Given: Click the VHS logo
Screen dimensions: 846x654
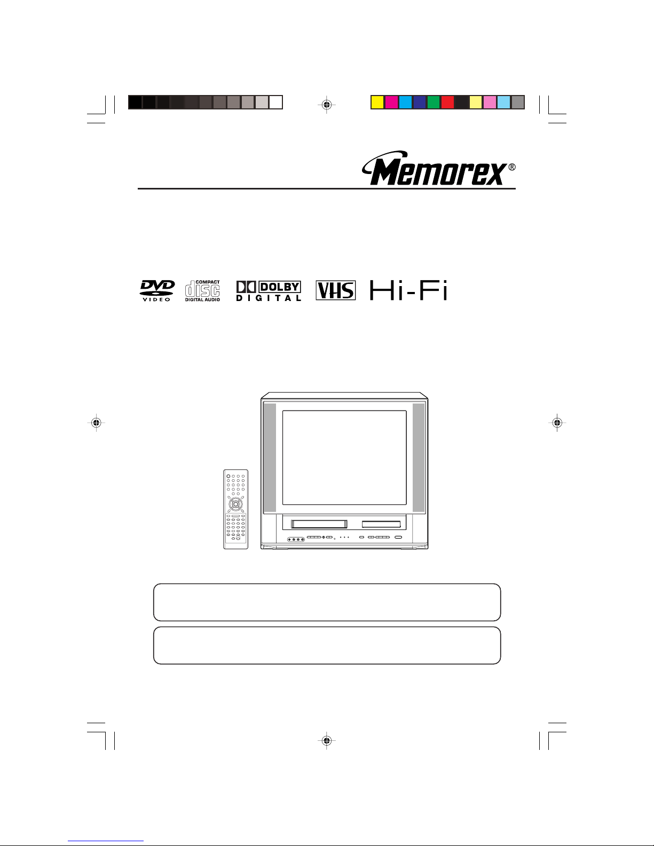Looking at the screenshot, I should pos(335,290).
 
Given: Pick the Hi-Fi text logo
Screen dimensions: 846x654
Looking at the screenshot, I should pos(408,290).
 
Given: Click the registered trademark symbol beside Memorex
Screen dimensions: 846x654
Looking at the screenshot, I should pos(512,167).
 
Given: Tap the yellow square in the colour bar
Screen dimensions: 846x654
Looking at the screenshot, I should pos(377,102).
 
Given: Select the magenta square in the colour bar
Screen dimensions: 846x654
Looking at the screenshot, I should pos(391,102).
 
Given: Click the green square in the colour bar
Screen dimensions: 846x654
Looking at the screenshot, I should pos(433,102).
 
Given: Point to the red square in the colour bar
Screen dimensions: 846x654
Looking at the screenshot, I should pos(447,102).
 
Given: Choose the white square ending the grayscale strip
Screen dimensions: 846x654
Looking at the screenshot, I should pos(275,102).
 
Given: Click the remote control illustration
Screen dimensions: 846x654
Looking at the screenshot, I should pos(235,509).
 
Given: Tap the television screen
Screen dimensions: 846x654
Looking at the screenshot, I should pos(344,457).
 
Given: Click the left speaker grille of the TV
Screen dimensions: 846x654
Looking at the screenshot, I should pos(270,457).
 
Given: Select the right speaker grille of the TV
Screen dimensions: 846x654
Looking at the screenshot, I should pos(419,457).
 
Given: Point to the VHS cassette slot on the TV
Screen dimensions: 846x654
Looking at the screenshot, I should pos(319,524).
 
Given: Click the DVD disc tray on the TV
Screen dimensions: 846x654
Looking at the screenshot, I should pos(381,524).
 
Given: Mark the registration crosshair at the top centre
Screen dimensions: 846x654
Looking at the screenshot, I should pos(326,105).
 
